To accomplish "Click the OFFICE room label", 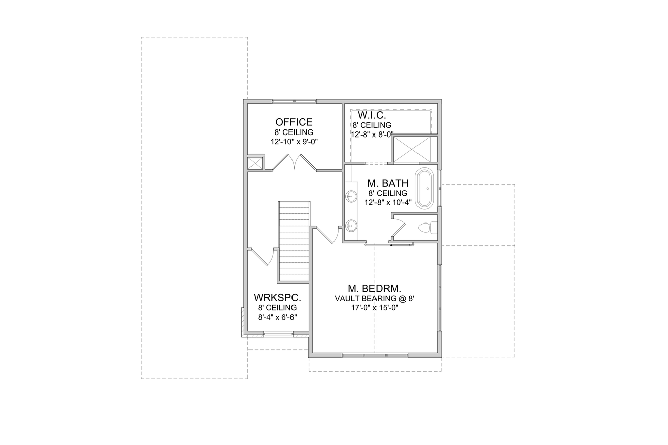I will pyautogui.click(x=294, y=122).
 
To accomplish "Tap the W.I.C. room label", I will pyautogui.click(x=372, y=115).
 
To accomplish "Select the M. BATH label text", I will pyautogui.click(x=388, y=183).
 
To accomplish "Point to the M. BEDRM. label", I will pyautogui.click(x=374, y=289).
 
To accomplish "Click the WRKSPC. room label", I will pyautogui.click(x=277, y=297).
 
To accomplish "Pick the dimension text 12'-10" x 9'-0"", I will pyautogui.click(x=294, y=142).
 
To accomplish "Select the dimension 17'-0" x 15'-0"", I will pyautogui.click(x=374, y=307).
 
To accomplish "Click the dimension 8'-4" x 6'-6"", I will pyautogui.click(x=277, y=317).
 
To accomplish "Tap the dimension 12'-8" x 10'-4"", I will pyautogui.click(x=388, y=202).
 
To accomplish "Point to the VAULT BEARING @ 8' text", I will pyautogui.click(x=374, y=298).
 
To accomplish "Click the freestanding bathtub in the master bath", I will pyautogui.click(x=425, y=189).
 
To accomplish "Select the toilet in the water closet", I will pyautogui.click(x=427, y=228).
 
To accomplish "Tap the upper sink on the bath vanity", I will pyautogui.click(x=351, y=196).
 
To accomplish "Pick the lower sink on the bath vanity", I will pyautogui.click(x=351, y=225).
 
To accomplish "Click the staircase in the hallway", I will pyautogui.click(x=294, y=241).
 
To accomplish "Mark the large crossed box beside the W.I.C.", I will pyautogui.click(x=415, y=149).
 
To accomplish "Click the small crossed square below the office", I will pyautogui.click(x=255, y=163).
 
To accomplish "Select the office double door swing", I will pyautogui.click(x=294, y=162).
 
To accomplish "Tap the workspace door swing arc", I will pyautogui.click(x=265, y=257).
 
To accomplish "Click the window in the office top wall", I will pyautogui.click(x=294, y=101).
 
